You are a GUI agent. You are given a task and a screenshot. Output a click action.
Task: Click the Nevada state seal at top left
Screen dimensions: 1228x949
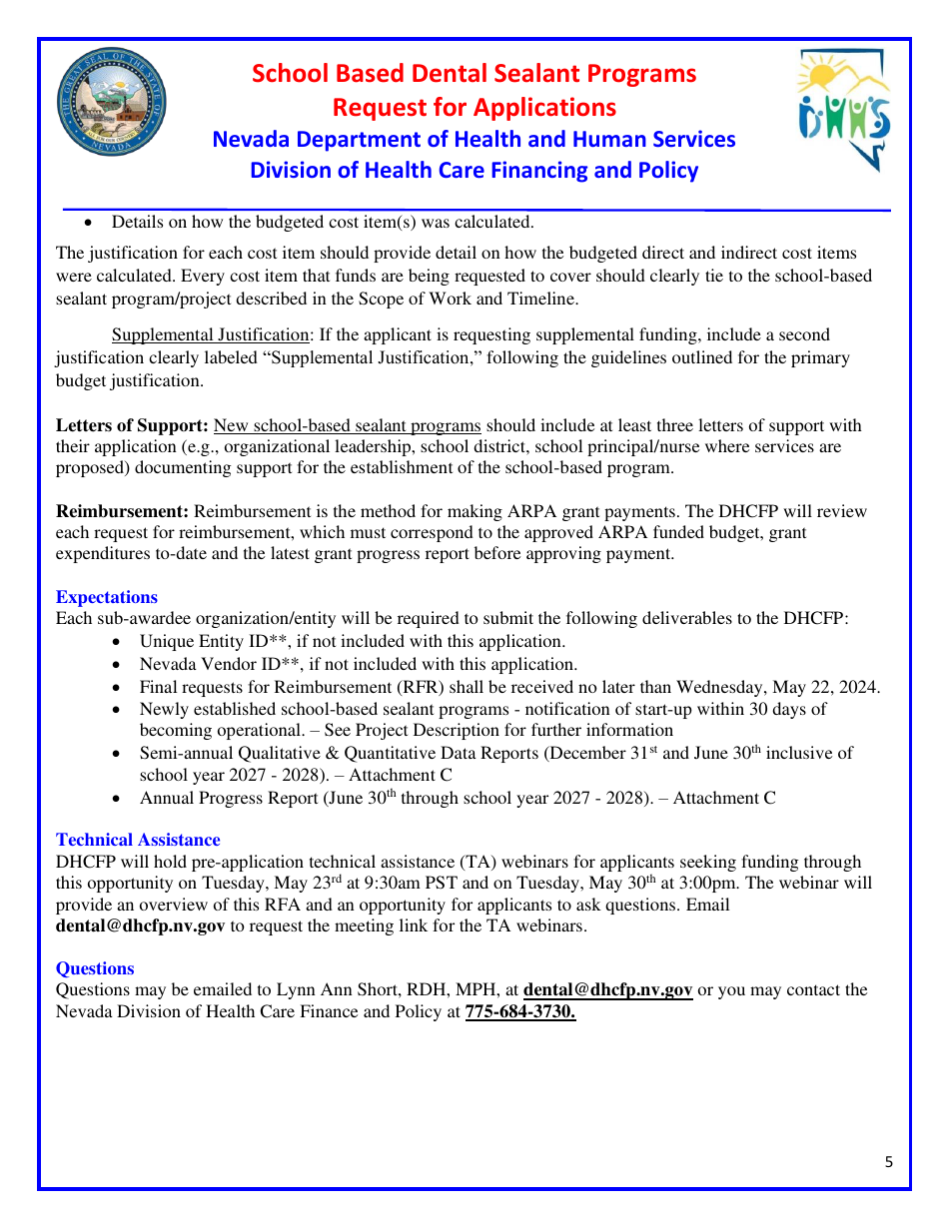point(111,103)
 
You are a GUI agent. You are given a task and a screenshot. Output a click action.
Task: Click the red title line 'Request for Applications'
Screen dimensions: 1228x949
point(474,107)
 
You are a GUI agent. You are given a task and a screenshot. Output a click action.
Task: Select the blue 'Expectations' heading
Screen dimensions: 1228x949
point(107,597)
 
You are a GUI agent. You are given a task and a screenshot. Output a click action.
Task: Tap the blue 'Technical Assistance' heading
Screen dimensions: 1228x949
point(138,840)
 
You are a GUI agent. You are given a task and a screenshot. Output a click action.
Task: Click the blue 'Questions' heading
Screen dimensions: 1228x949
point(95,968)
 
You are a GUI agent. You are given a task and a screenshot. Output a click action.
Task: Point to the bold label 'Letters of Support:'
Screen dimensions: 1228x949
point(132,425)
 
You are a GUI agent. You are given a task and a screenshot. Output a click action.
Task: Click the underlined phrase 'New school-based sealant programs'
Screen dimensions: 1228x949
point(347,425)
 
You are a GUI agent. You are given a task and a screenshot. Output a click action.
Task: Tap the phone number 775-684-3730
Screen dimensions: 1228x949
point(520,1011)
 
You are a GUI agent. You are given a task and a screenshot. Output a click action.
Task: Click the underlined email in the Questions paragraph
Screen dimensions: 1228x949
point(607,989)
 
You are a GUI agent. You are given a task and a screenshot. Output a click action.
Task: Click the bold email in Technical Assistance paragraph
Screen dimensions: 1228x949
point(140,925)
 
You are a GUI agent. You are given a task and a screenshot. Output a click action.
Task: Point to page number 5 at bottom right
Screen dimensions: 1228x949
point(888,1161)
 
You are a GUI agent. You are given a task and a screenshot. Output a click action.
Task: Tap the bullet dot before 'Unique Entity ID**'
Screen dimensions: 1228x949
point(119,642)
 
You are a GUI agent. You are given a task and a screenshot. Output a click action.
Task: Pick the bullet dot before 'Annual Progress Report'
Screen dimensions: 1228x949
point(119,799)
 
